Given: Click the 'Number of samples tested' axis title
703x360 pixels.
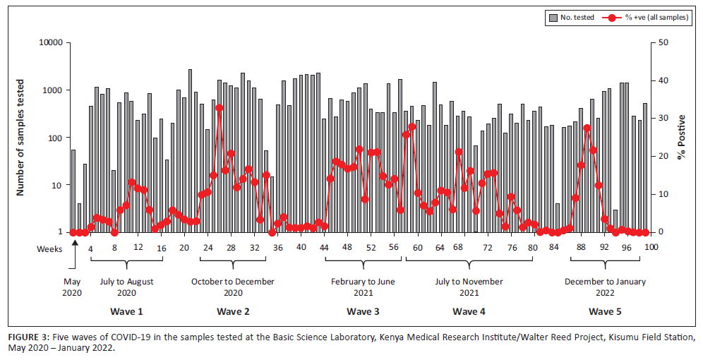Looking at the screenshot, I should [x=21, y=137].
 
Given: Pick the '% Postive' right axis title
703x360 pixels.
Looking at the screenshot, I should [x=681, y=137].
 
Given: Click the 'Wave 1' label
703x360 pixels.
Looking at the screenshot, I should [x=126, y=311].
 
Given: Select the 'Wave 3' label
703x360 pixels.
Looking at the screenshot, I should [x=363, y=311].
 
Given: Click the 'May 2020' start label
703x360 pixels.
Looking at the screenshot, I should [x=72, y=287].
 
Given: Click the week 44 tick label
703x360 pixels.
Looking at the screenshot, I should [x=324, y=248].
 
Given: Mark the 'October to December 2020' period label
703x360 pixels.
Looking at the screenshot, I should [x=232, y=287].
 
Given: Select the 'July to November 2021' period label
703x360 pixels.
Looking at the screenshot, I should [x=469, y=287].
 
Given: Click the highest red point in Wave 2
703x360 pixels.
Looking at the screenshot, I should [x=220, y=108].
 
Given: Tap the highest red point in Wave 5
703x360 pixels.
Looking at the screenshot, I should [x=587, y=128].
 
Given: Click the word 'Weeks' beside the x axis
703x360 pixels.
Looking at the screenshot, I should [x=49, y=248].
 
